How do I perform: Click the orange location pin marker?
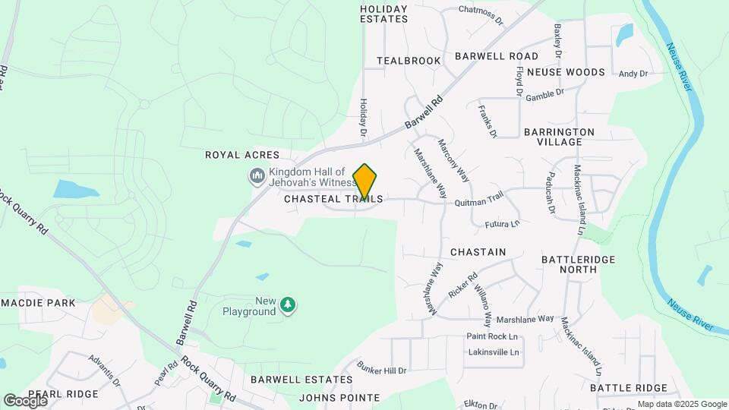(x=365, y=181)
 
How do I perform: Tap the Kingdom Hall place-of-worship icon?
(x=257, y=177)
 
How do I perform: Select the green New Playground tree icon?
(x=288, y=305)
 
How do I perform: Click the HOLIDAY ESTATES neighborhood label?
(x=383, y=14)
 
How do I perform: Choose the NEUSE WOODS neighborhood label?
(x=565, y=72)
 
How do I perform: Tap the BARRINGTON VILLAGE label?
(x=559, y=137)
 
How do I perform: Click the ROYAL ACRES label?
(x=237, y=155)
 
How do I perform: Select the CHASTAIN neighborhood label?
(x=478, y=251)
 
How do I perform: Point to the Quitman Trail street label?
(x=479, y=200)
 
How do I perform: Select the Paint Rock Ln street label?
(x=492, y=336)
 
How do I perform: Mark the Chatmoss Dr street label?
(x=481, y=11)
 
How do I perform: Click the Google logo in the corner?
(x=25, y=400)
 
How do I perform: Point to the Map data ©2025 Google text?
(x=680, y=404)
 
